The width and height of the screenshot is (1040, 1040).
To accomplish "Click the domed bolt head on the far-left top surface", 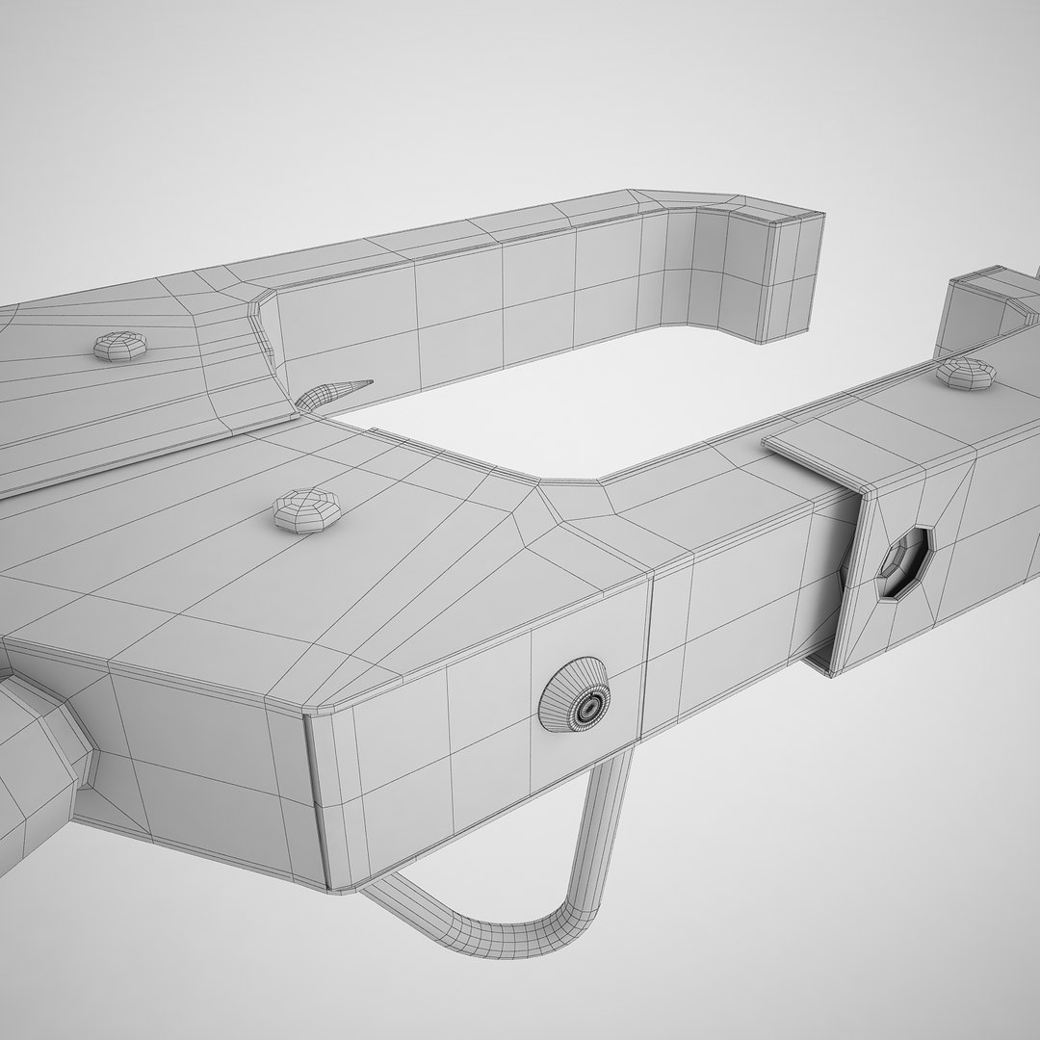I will coord(119,346).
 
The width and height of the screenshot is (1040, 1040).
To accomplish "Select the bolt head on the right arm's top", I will coord(966,372).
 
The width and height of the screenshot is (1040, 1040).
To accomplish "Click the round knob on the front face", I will coord(576,695).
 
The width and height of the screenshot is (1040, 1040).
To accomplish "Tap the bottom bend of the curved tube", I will coord(510,938).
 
